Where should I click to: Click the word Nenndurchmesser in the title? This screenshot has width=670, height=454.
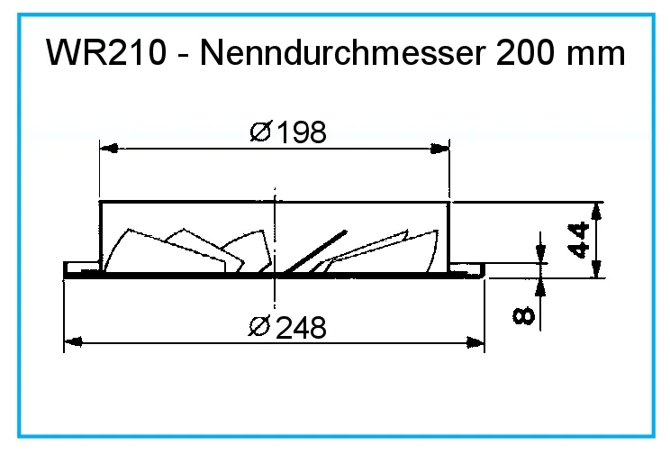click(343, 53)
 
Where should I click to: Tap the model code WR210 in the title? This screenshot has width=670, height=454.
click(106, 53)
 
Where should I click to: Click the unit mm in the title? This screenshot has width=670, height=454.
click(595, 57)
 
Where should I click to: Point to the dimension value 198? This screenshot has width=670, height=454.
click(302, 132)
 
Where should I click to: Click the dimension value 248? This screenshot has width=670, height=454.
click(301, 328)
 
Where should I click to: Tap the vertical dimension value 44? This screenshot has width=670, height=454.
click(580, 240)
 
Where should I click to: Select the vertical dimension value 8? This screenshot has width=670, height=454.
click(523, 315)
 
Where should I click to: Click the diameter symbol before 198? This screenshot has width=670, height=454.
click(260, 132)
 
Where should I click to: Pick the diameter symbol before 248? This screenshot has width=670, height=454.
click(259, 327)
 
